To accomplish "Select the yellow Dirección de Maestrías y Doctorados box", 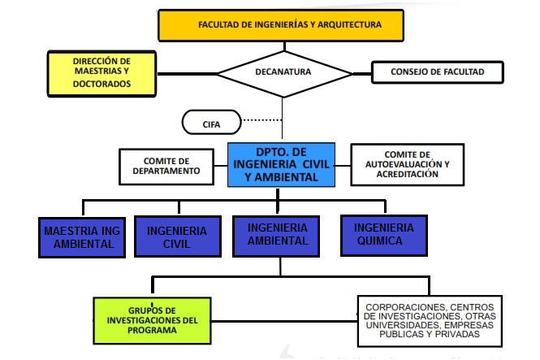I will [101, 72].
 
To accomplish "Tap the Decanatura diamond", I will [282, 72].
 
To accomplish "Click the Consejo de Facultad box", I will [436, 72].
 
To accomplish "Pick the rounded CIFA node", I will [211, 124].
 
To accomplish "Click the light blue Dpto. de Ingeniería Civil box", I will [281, 165].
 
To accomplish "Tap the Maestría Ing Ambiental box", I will [82, 237].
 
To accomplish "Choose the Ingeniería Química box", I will [382, 235].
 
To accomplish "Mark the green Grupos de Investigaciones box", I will [151, 320].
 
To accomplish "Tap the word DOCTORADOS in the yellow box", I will [102, 84].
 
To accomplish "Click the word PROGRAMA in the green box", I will [152, 331].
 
